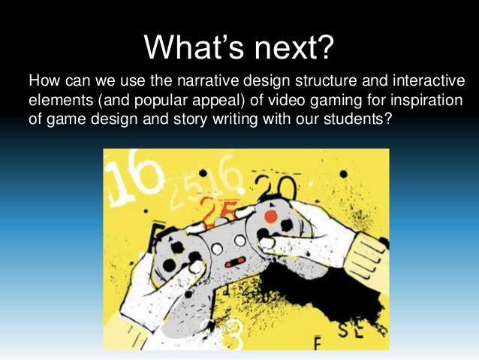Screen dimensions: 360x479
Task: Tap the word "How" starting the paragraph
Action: click(x=42, y=80)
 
